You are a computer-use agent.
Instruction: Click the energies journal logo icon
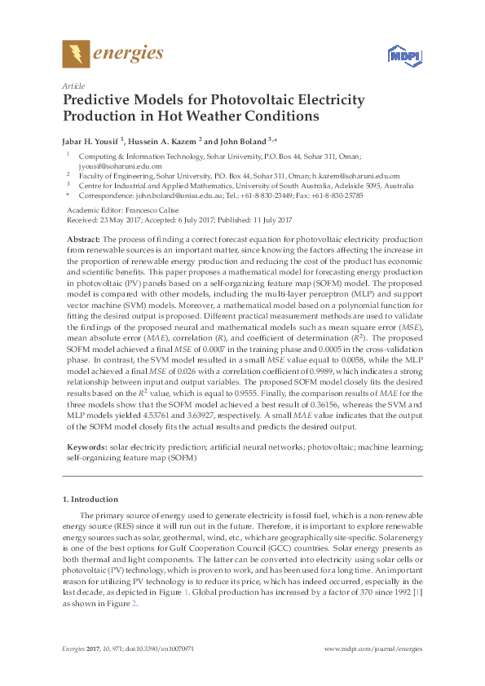(x=77, y=55)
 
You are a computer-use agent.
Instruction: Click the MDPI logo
(x=399, y=56)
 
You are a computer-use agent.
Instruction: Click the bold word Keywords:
(x=86, y=447)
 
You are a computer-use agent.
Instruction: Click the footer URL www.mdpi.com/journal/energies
(x=373, y=649)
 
